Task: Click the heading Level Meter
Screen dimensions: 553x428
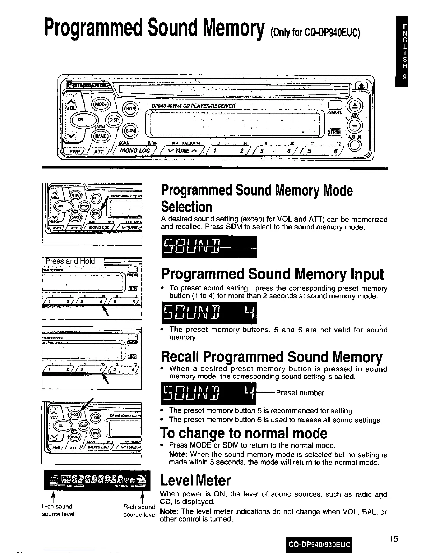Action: (195, 480)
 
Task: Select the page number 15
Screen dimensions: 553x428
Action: (393, 538)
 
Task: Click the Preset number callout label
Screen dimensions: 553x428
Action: (300, 393)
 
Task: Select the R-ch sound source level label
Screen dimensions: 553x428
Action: (139, 511)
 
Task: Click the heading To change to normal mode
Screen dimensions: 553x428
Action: (244, 433)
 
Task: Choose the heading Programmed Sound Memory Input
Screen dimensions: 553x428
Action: (272, 274)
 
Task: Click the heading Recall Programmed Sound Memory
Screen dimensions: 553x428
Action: (271, 356)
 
